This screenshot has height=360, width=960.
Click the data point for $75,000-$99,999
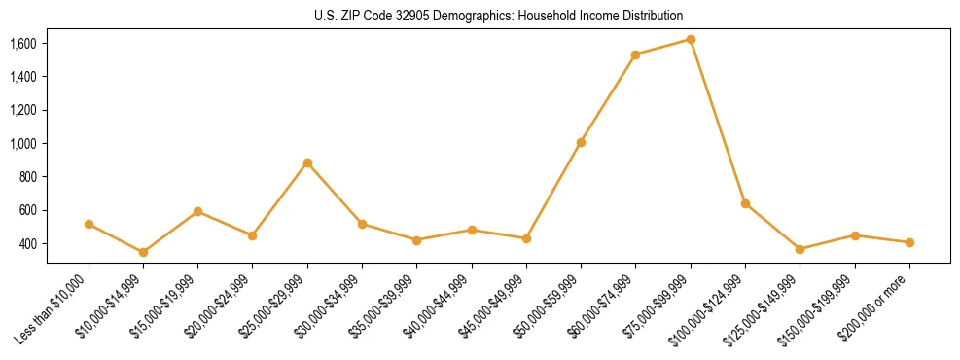click(691, 40)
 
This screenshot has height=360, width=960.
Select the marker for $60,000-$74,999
click(635, 54)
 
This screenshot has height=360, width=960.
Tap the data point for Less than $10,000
click(89, 224)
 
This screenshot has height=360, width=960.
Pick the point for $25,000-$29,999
click(307, 162)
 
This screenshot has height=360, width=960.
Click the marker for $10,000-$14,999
click(143, 252)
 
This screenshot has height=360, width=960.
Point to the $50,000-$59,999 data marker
click(581, 142)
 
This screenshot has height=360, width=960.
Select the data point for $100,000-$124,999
click(745, 203)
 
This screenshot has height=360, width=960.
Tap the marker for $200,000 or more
click(909, 242)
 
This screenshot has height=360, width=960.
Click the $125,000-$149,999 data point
click(800, 249)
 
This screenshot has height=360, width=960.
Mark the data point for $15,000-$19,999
click(197, 211)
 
